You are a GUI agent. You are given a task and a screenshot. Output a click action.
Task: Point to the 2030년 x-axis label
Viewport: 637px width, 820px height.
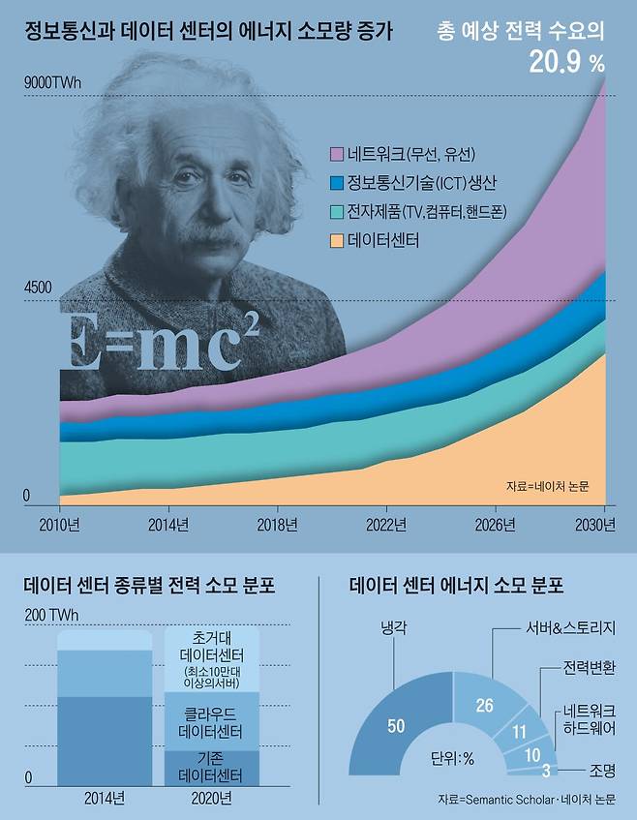pos(595,526)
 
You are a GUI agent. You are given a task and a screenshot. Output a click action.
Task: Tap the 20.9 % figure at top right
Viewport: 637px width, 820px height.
pos(566,63)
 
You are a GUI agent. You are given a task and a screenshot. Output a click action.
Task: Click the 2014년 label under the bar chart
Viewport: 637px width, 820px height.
pos(104,799)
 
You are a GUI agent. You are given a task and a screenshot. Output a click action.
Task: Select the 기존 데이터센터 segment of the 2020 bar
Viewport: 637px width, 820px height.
pos(205,766)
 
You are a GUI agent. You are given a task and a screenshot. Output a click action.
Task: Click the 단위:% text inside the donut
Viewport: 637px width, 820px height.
pos(452,759)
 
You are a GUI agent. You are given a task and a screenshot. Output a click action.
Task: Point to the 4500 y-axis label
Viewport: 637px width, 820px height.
pos(40,288)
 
